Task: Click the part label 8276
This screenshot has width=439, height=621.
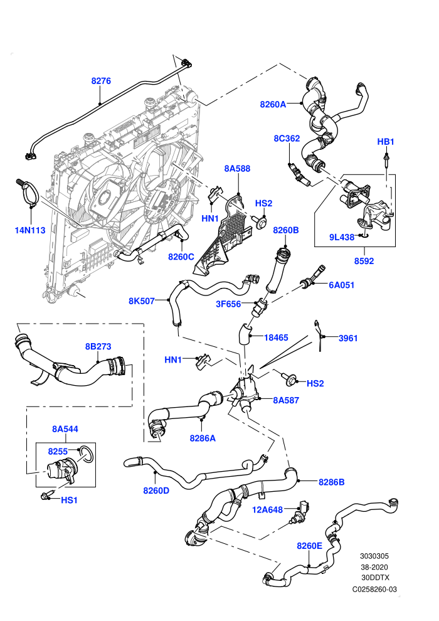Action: tap(101, 81)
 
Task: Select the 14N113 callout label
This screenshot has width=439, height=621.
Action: tap(30, 230)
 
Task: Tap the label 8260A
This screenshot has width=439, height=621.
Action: tap(273, 104)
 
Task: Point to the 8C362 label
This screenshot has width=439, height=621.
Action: tap(287, 138)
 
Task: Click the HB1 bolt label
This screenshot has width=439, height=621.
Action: tap(386, 141)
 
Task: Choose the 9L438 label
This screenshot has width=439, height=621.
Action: tap(342, 237)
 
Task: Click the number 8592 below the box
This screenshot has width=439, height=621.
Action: tap(364, 260)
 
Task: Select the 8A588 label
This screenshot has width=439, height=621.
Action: tap(237, 168)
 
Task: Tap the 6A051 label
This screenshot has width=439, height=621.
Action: tap(342, 285)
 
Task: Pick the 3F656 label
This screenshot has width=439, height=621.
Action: tap(228, 304)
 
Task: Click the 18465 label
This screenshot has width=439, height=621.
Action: tap(276, 337)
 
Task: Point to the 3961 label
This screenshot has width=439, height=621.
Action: tap(348, 338)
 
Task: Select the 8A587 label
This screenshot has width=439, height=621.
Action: tap(286, 400)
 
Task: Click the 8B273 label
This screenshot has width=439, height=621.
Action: tap(98, 346)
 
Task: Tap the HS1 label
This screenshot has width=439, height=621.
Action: tap(69, 500)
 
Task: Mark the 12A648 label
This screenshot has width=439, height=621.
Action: tap(268, 510)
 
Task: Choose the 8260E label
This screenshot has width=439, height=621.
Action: tap(310, 546)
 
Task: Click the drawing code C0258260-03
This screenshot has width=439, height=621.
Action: tap(374, 589)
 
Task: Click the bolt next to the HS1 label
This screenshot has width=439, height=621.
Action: tap(45, 496)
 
